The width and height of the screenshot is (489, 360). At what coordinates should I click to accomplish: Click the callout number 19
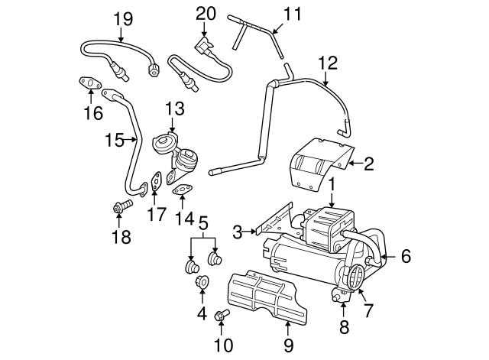(123, 17)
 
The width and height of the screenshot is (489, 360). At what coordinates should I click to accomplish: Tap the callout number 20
(206, 13)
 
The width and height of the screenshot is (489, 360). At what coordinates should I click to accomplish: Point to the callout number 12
(327, 62)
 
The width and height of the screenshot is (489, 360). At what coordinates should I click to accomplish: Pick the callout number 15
(114, 140)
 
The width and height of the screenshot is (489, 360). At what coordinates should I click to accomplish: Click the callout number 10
(224, 344)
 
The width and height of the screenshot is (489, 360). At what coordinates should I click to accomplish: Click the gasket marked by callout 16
(89, 83)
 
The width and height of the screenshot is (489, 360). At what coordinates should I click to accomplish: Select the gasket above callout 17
(156, 182)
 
